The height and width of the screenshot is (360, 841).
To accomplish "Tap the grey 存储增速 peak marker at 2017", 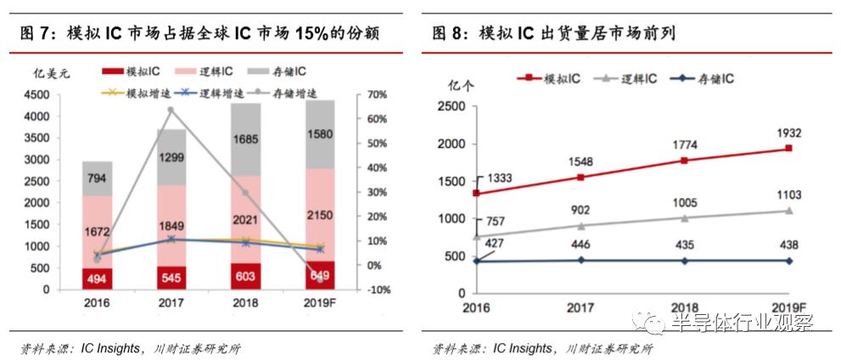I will click(171, 110).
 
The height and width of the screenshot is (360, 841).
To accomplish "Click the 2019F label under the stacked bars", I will click(321, 302).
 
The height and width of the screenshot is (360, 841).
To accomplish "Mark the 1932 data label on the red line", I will click(788, 133).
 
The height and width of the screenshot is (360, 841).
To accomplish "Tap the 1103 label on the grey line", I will click(788, 195).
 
